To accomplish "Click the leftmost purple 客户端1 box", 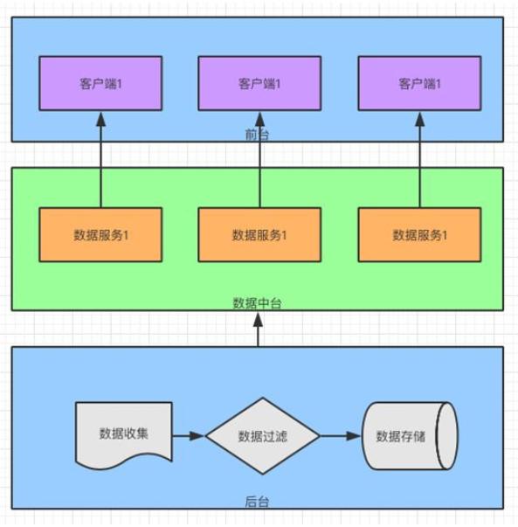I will tap(100, 83).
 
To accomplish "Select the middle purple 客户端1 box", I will tap(259, 83).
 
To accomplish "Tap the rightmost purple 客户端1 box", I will tap(419, 83).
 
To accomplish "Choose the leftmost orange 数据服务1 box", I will tap(100, 234).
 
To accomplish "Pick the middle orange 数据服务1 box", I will tap(259, 234).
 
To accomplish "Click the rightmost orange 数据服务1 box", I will tap(419, 234).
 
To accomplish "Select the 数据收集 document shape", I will tap(122, 433).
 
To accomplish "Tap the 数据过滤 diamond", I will tap(262, 435).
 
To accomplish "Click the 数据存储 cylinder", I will tap(406, 435).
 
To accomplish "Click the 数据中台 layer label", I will tap(258, 303).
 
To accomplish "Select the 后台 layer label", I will tap(259, 502).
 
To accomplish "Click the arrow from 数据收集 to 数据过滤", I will tap(188, 435).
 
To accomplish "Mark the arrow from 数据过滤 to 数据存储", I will tap(340, 435).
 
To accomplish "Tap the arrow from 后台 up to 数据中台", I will tap(259, 330).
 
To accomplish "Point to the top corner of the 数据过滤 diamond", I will tap(262, 399).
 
